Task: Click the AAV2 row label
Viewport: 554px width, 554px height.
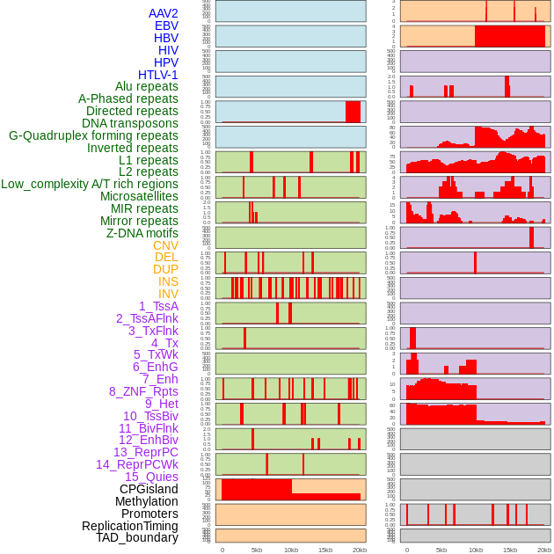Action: point(163,13)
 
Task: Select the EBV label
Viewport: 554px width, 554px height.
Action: point(166,26)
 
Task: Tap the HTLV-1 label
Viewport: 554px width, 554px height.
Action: point(158,75)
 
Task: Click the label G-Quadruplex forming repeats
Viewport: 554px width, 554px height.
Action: point(93,135)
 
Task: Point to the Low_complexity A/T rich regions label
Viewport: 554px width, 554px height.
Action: point(90,184)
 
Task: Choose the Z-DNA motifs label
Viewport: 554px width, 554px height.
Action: point(142,233)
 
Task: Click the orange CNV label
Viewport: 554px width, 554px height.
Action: point(165,245)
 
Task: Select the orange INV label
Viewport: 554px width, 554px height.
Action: point(168,294)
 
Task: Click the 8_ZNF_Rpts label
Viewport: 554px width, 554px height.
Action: point(143,391)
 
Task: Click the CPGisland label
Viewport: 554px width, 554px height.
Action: point(149,489)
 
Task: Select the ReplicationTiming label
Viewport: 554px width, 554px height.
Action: point(130,526)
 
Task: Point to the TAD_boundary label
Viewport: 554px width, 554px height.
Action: point(137,537)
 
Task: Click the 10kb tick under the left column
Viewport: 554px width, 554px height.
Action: point(291,550)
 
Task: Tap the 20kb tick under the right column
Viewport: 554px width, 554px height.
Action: point(544,550)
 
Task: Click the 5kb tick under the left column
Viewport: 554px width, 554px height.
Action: point(257,550)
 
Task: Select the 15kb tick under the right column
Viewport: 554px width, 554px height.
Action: point(510,550)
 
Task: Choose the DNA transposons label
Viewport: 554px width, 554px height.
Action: point(130,123)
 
